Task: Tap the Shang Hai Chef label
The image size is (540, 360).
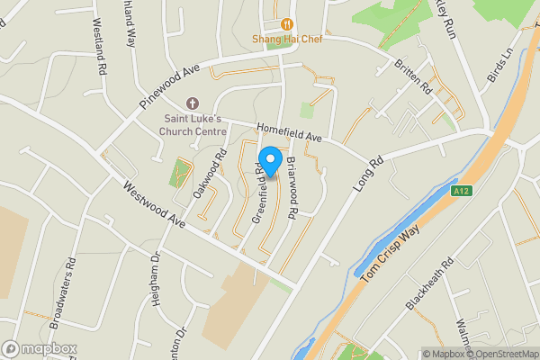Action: click(x=286, y=39)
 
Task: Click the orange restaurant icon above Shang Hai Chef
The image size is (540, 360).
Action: click(x=287, y=24)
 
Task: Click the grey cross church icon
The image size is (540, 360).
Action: click(x=191, y=104)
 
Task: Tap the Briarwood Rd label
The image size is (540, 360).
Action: click(x=292, y=188)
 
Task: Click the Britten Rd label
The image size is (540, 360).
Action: click(x=414, y=79)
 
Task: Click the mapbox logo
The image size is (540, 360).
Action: click(x=39, y=348)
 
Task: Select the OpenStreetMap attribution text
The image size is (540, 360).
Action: click(x=500, y=354)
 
